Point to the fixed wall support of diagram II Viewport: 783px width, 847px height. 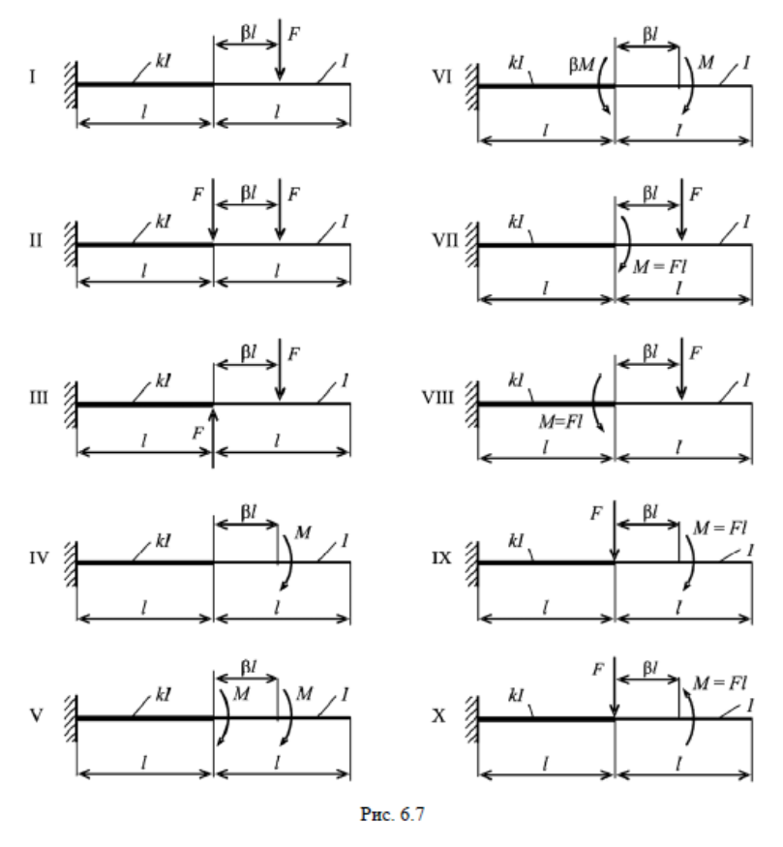click(70, 245)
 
